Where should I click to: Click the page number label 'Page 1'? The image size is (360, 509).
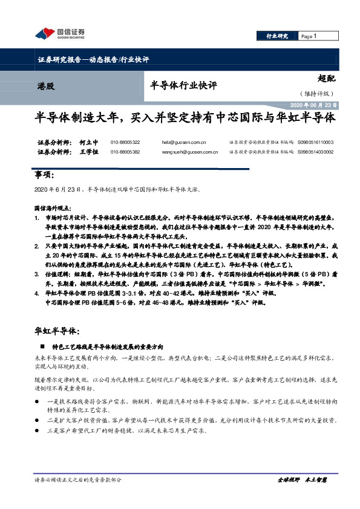[x=309, y=36]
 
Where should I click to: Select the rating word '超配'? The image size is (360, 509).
[x=326, y=78]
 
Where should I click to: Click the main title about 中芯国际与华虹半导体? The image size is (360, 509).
[x=185, y=118]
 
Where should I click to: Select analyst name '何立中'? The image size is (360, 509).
[x=88, y=143]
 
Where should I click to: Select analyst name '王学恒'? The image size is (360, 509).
[x=88, y=152]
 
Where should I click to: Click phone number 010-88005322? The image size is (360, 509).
[x=125, y=143]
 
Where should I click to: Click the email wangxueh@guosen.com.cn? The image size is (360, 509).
[x=190, y=152]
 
